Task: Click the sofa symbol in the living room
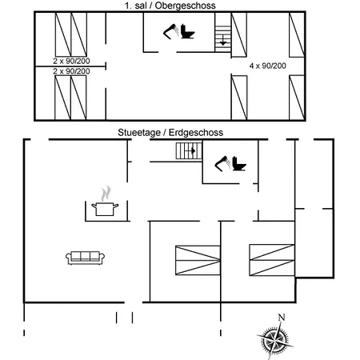coord(85,258)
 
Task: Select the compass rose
coord(274,340)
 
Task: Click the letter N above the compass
coord(282,318)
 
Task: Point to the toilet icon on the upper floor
coord(187,31)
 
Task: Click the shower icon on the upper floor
coord(171,32)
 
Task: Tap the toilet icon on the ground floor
coord(238,163)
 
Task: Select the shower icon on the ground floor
coord(222,163)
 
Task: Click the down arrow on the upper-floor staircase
coord(223,40)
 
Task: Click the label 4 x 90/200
coord(267,66)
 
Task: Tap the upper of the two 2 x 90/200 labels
coord(71,61)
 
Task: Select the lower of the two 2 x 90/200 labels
coord(71,71)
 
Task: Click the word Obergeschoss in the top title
coord(185,6)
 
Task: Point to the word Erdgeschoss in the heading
coord(196,133)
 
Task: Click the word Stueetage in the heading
coord(139,133)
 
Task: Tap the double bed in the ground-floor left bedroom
coord(198,260)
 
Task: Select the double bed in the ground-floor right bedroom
coord(272,260)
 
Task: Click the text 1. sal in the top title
coord(136,6)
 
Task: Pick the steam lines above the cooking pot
coord(106,194)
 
